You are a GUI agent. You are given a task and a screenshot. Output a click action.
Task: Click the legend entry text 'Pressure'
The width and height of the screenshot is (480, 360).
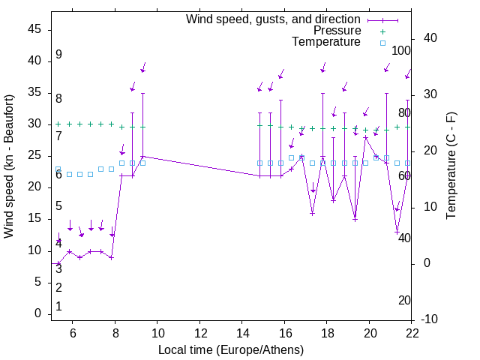337,31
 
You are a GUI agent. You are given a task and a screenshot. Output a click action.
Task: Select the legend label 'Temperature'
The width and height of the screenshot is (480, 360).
326,42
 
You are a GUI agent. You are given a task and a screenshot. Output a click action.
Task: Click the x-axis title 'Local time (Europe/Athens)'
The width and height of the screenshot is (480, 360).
232,349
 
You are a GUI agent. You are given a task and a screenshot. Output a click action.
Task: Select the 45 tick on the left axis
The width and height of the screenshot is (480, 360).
34,29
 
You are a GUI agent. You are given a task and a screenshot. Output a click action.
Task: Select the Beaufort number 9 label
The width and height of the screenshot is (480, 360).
58,55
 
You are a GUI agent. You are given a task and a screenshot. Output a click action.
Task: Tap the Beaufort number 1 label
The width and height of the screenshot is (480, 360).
58,307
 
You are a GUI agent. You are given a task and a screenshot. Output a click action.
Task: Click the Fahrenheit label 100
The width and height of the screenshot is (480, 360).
402,51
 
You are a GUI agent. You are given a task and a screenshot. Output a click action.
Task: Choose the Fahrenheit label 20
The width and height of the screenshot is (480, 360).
404,301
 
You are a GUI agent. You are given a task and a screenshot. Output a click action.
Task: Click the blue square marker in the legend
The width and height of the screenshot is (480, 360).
382,43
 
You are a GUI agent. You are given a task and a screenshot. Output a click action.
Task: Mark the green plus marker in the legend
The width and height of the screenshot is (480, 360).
382,31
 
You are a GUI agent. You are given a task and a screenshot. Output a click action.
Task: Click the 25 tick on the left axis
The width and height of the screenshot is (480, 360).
34,156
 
